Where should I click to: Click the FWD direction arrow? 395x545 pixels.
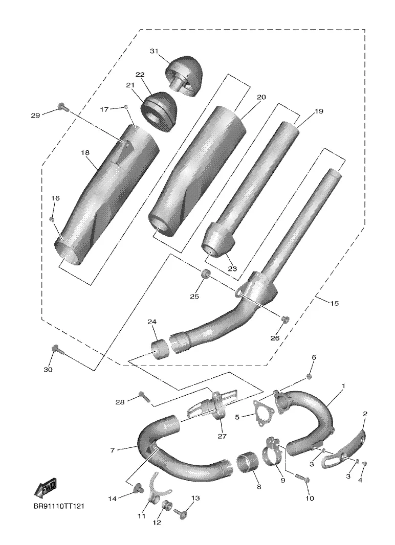(45, 488)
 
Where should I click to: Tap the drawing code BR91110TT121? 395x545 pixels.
(59, 506)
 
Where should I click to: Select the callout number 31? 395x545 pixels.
(154, 51)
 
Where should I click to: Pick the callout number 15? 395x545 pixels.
(334, 304)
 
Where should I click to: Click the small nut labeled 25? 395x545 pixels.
(205, 274)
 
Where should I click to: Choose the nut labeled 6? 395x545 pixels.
(309, 377)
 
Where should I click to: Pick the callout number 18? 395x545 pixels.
(85, 152)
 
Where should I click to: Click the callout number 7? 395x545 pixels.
(113, 450)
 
